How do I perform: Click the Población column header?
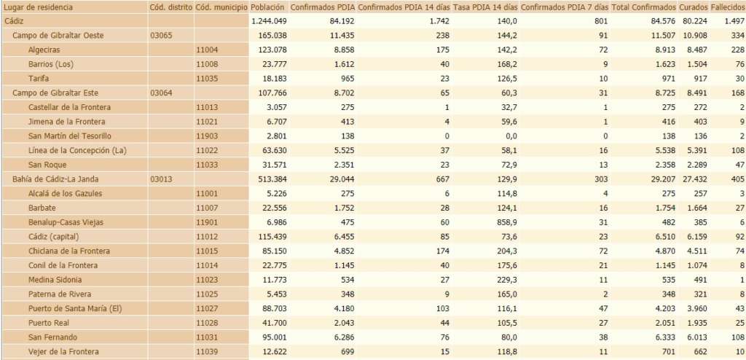(267, 7)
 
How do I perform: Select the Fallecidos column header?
(728, 7)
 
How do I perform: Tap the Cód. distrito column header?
(170, 7)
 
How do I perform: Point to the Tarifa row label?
(39, 78)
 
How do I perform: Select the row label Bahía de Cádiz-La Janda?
(55, 179)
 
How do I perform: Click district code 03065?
(161, 35)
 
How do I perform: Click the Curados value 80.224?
(692, 21)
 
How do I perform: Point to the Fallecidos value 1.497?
(731, 21)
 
